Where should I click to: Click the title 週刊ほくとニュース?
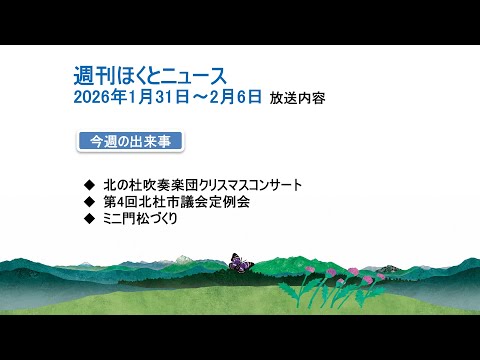[151, 75]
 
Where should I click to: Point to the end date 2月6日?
[236, 98]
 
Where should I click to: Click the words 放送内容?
[297, 99]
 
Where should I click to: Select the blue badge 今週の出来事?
[129, 141]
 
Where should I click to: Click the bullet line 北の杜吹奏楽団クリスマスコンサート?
[216, 185]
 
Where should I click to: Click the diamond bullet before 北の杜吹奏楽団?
[91, 185]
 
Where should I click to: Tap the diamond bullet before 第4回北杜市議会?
[91, 201]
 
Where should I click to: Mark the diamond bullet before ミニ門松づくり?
[91, 217]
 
